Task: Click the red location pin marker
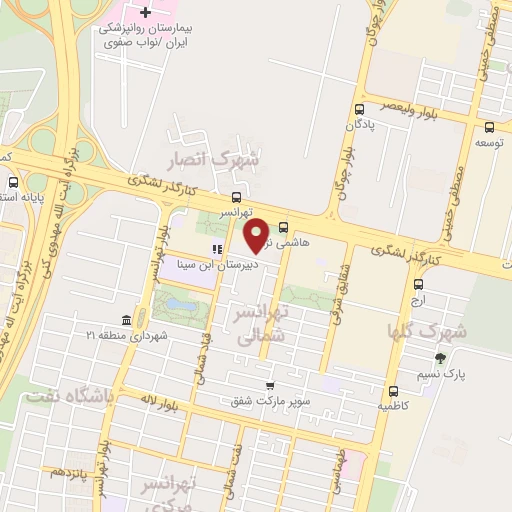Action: click(257, 234)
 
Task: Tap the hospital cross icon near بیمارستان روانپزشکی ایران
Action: click(146, 12)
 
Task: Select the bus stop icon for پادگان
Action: click(359, 111)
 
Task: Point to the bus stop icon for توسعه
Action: click(489, 127)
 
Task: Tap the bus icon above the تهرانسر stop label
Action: click(235, 196)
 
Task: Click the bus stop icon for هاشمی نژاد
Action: click(284, 226)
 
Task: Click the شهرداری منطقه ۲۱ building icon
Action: click(126, 320)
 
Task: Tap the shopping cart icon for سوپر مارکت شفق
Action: click(269, 386)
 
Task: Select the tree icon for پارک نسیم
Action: click(439, 358)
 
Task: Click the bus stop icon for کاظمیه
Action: click(392, 391)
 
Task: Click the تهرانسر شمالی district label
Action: click(260, 325)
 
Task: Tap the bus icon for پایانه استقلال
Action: click(13, 183)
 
